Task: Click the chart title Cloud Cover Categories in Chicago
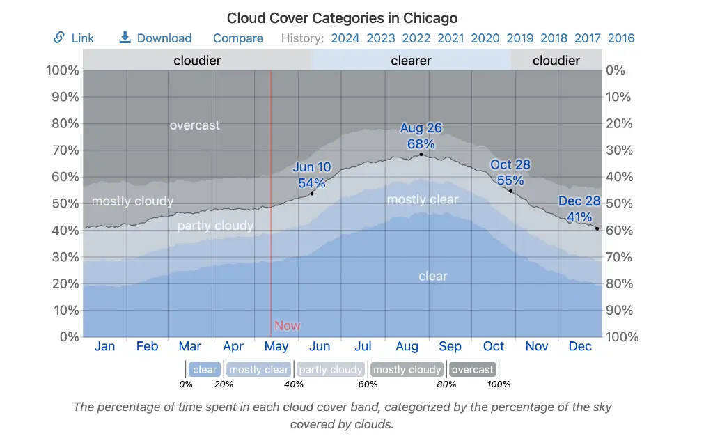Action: pyautogui.click(x=342, y=17)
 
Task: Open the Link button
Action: pyautogui.click(x=74, y=38)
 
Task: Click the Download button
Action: pyautogui.click(x=155, y=38)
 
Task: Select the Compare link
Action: pyautogui.click(x=238, y=38)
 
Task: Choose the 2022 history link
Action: pyautogui.click(x=416, y=38)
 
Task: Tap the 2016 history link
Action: pyautogui.click(x=621, y=38)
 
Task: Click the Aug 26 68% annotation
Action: pyautogui.click(x=421, y=137)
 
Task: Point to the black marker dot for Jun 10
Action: pyautogui.click(x=312, y=193)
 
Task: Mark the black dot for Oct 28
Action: pyautogui.click(x=510, y=191)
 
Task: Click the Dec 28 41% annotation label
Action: pyautogui.click(x=579, y=209)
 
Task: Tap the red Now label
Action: pyautogui.click(x=287, y=325)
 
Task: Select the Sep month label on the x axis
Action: pyautogui.click(x=450, y=346)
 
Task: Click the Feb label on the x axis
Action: pyautogui.click(x=147, y=346)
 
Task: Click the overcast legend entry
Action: pyautogui.click(x=473, y=370)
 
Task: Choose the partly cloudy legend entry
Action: pyautogui.click(x=331, y=370)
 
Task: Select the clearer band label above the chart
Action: pyautogui.click(x=411, y=61)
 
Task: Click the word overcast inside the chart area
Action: pyautogui.click(x=194, y=125)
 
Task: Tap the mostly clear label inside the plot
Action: pyautogui.click(x=423, y=200)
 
